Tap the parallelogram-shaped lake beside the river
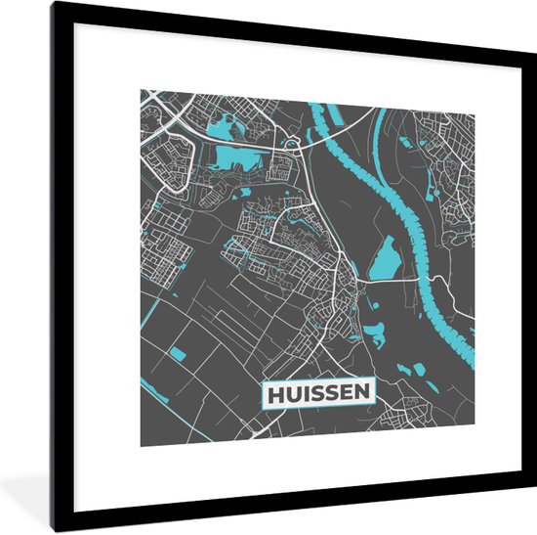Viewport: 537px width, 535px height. [383, 256]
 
